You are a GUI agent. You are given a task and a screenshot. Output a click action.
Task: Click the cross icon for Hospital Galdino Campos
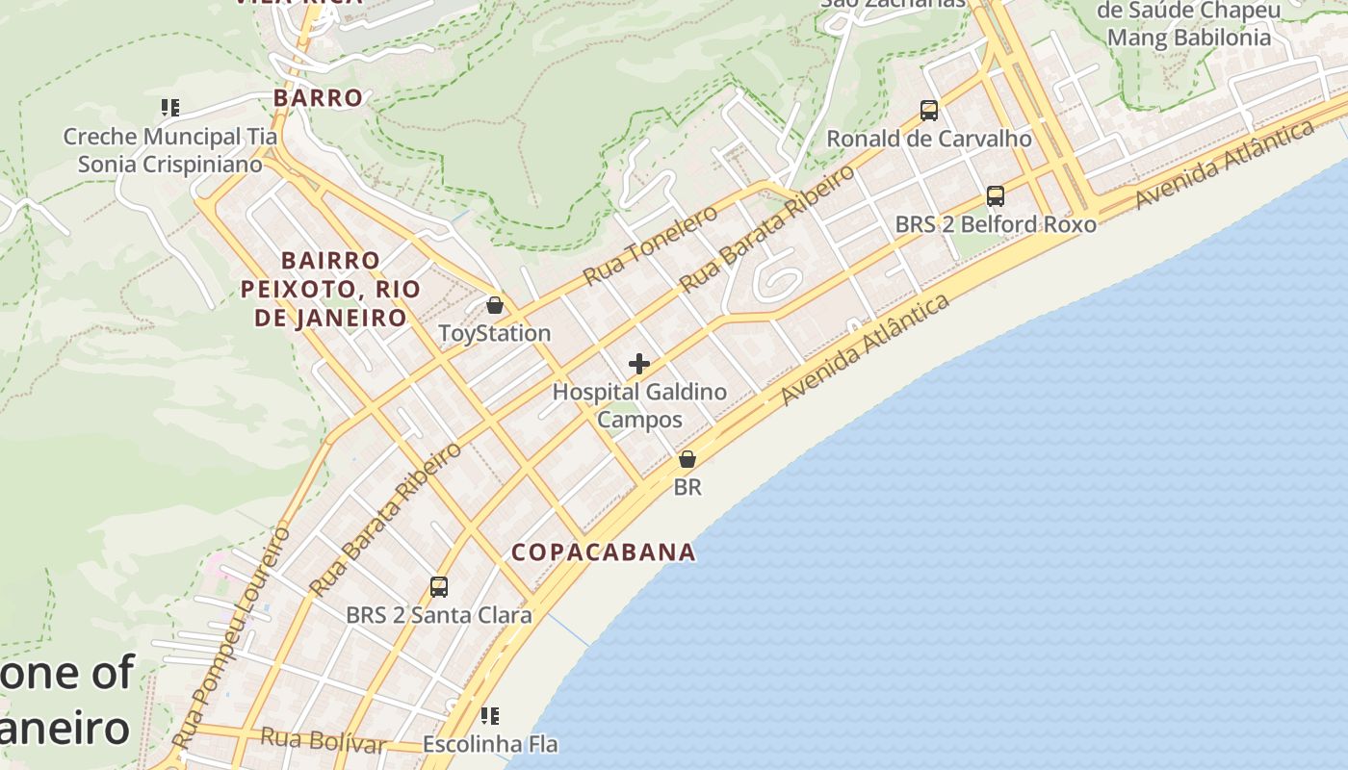click(x=639, y=364)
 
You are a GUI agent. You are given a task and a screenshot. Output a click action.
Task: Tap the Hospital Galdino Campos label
click(x=639, y=405)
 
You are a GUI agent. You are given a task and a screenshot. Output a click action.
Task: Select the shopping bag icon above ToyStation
click(x=495, y=306)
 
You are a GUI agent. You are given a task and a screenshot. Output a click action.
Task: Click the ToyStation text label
click(x=495, y=333)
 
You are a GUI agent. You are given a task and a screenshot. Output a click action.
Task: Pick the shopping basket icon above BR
click(x=687, y=459)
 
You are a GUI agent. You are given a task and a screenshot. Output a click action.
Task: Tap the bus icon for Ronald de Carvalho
click(x=929, y=111)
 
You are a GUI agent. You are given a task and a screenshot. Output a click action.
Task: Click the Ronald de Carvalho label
click(x=929, y=139)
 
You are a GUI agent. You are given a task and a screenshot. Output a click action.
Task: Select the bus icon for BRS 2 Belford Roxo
click(x=996, y=196)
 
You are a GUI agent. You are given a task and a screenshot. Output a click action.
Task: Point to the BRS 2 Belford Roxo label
click(x=996, y=224)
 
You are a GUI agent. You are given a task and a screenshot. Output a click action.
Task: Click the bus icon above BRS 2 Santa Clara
click(x=439, y=586)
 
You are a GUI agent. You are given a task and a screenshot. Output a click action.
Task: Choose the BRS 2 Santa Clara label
click(x=439, y=614)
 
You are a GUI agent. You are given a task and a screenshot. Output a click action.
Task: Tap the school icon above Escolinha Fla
click(x=490, y=716)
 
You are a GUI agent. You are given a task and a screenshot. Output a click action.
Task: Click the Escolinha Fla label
click(x=490, y=744)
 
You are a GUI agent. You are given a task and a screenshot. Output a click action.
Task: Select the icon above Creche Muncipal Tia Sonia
click(x=170, y=108)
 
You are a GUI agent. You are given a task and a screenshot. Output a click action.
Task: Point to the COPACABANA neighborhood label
click(x=604, y=552)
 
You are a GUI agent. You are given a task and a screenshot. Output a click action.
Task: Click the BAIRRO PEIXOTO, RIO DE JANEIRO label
click(x=330, y=289)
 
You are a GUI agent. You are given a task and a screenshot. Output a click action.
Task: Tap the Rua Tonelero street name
click(x=650, y=245)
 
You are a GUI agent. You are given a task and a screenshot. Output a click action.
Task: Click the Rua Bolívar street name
click(x=323, y=740)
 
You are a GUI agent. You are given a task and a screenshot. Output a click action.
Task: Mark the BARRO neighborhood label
click(x=318, y=97)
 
